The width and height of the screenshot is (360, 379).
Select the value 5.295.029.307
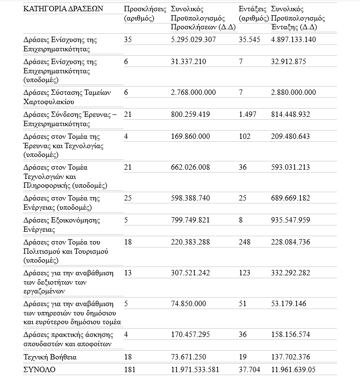pos(193,40)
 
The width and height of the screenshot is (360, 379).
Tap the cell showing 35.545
pos(250,40)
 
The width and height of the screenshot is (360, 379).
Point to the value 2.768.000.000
pos(193,92)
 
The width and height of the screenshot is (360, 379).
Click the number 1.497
pos(248,114)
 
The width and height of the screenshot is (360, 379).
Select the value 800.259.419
pos(191,114)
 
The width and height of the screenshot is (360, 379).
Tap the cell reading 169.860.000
pos(191,136)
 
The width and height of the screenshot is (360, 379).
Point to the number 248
pos(245,242)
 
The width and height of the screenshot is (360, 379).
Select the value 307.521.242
pos(191,273)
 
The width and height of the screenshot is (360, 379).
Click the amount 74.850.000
pos(189,304)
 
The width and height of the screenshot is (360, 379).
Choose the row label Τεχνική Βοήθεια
pos(50,357)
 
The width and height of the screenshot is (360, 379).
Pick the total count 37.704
pos(250,370)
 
